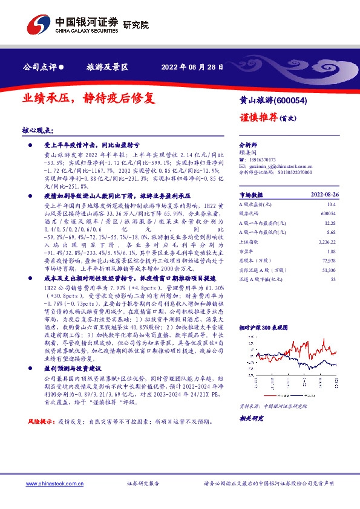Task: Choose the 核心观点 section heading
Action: point(38,131)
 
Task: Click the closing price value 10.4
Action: point(332,206)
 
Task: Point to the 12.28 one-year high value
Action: point(330,224)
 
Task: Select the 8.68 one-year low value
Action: point(331,233)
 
